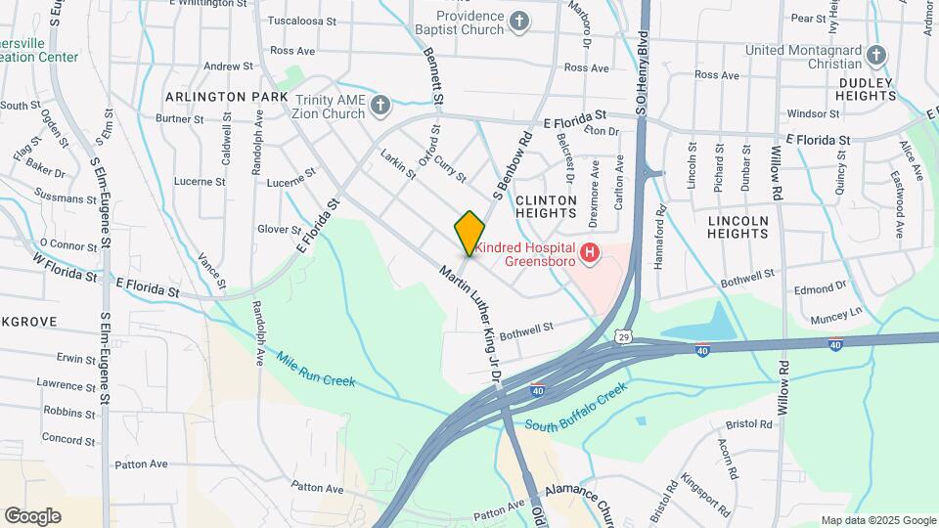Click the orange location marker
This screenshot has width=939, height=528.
click(470, 233)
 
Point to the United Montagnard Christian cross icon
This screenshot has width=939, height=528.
click(876, 55)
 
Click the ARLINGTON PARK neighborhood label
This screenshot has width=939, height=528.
click(227, 97)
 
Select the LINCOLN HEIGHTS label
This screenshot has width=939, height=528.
click(738, 227)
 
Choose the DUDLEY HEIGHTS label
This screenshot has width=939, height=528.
click(867, 88)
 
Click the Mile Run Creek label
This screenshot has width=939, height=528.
click(315, 370)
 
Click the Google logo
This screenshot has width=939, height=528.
click(32, 515)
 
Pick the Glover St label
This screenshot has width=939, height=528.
click(279, 230)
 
